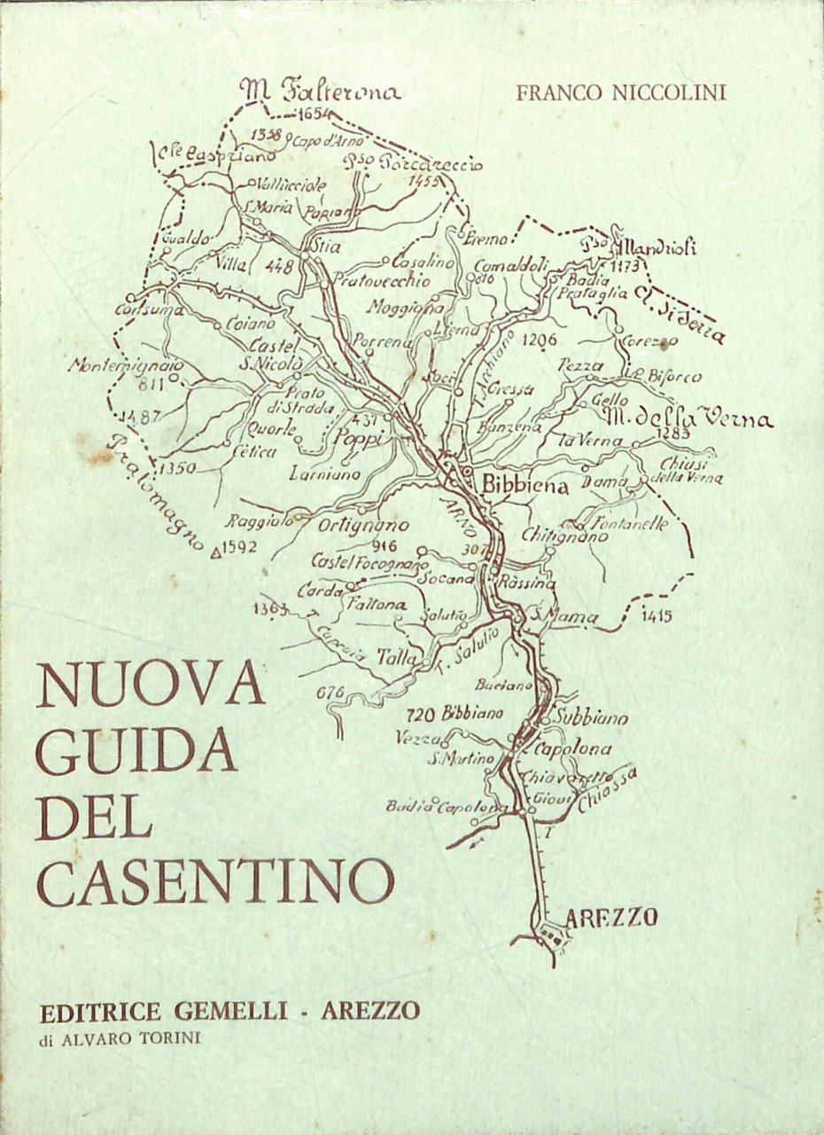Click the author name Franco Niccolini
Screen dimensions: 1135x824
point(621,92)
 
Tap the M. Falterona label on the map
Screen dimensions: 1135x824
point(321,90)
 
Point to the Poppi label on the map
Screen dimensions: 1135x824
point(359,440)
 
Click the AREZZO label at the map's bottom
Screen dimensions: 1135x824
point(610,917)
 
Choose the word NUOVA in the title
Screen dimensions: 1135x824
point(151,684)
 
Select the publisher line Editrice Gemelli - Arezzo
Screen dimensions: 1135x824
point(229,1012)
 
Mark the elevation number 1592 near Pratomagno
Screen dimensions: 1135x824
point(238,547)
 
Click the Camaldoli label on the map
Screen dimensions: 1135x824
point(512,265)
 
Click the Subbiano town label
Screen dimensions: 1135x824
point(592,717)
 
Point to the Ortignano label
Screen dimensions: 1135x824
point(363,525)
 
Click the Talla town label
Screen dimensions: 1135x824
point(396,657)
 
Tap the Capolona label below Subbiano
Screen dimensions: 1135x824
point(572,749)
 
